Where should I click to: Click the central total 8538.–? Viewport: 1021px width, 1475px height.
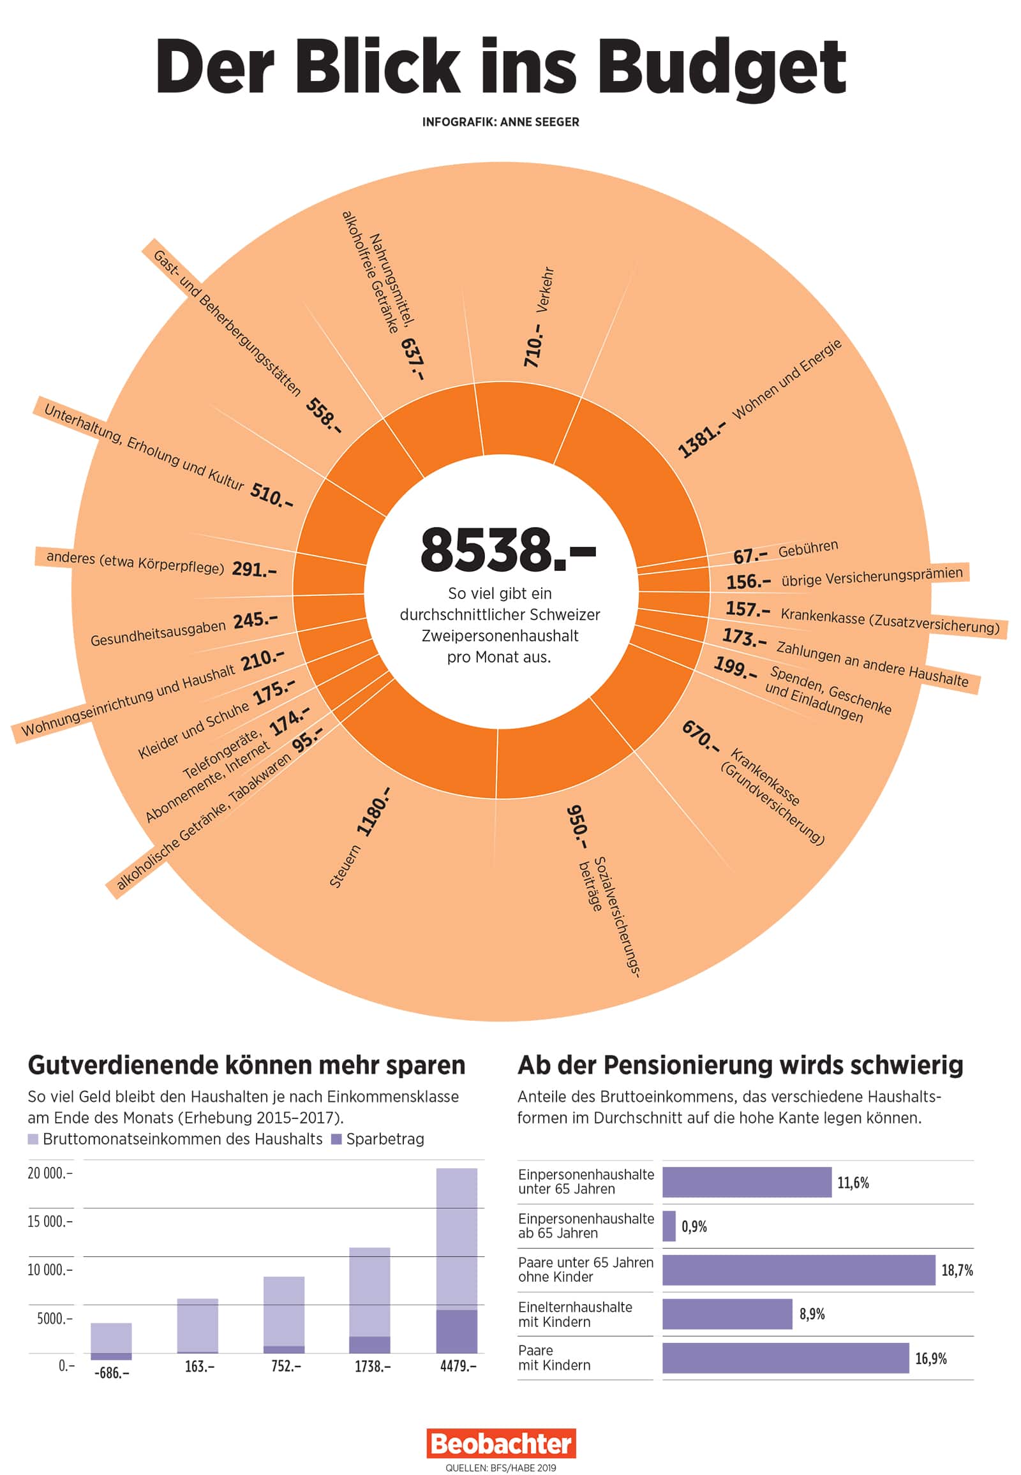(x=507, y=549)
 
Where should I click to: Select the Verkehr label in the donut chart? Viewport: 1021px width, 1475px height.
(x=544, y=290)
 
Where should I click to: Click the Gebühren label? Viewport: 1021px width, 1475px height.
(x=808, y=548)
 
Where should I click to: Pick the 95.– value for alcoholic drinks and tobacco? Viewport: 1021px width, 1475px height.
(x=307, y=739)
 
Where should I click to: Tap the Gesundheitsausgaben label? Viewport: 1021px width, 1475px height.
(x=158, y=634)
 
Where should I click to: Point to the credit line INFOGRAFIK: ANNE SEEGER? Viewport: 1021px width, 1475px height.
(x=500, y=122)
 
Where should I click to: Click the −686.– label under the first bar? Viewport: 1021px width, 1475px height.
(x=111, y=1373)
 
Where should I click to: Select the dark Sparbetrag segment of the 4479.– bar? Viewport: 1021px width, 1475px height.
(x=456, y=1331)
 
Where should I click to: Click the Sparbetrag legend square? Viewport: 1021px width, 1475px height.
(x=336, y=1139)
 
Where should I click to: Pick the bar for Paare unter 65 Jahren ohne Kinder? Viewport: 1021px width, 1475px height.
(x=798, y=1270)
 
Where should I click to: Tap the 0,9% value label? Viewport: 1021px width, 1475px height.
(x=694, y=1226)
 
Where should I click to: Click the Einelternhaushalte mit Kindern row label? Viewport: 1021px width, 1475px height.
(x=574, y=1314)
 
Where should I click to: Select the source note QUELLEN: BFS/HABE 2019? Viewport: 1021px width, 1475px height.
(x=501, y=1467)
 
